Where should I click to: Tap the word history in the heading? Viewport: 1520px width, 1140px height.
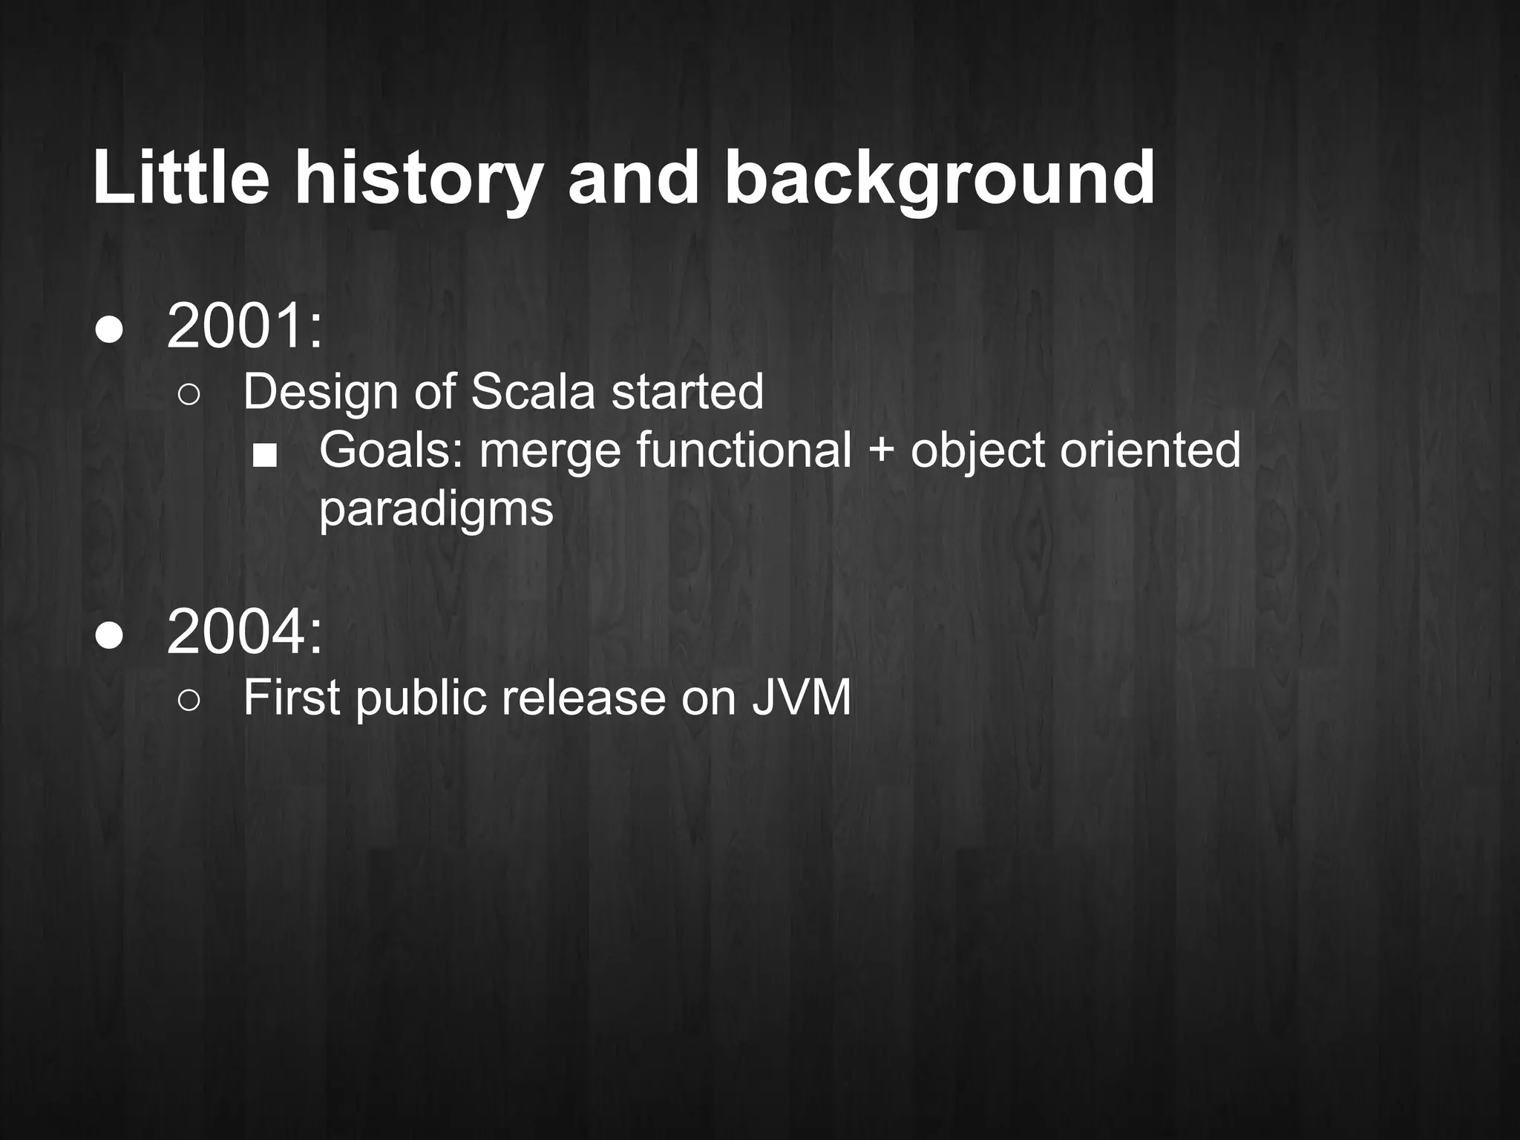tap(416, 180)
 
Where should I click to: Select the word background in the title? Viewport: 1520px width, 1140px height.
tap(939, 180)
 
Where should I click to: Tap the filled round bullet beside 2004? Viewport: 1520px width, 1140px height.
tap(109, 636)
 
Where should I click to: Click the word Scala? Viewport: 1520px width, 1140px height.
tap(532, 391)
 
